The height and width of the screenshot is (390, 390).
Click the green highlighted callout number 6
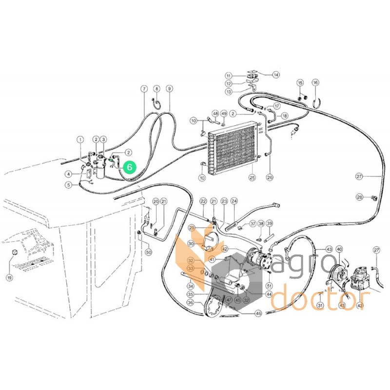[x=129, y=167]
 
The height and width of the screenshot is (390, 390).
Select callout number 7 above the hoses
[x=144, y=89]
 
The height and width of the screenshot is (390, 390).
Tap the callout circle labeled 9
[x=169, y=89]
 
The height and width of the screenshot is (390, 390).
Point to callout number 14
[x=276, y=75]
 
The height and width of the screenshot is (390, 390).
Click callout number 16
[x=315, y=83]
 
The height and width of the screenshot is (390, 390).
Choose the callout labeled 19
[x=9, y=277]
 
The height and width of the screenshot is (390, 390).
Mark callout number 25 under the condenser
[x=252, y=177]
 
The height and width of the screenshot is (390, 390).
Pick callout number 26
[x=269, y=177]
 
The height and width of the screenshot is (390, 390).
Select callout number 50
[x=148, y=252]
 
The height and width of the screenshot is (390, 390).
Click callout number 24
[x=234, y=201]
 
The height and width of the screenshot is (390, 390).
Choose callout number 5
[x=69, y=185]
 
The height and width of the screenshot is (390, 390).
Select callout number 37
[x=253, y=224]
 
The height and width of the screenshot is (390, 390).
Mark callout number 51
[x=269, y=285]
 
